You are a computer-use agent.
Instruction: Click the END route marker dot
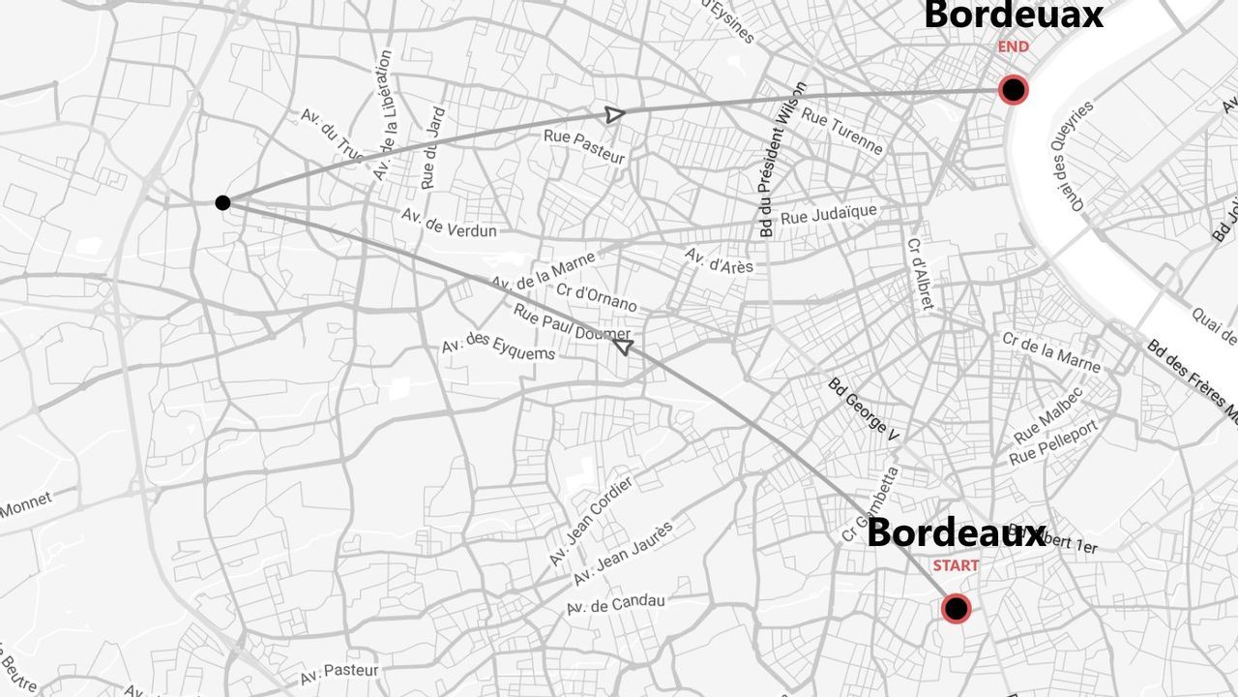pos(1013,90)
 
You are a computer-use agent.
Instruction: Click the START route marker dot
pos(956,609)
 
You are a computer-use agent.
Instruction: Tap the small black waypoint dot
pos(222,202)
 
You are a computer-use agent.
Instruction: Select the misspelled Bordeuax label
pos(1013,15)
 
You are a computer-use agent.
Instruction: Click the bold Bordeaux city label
pos(956,532)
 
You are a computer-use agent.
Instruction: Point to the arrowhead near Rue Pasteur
pos(613,114)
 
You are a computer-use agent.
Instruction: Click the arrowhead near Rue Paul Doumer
pos(624,346)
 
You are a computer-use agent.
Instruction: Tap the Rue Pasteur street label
pos(584,146)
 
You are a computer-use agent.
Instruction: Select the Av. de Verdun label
pos(449,225)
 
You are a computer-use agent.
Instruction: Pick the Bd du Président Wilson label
pos(781,160)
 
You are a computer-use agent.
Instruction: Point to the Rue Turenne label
pos(842,132)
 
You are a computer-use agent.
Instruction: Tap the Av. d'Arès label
pos(719,260)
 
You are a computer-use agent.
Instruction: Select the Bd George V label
pos(864,409)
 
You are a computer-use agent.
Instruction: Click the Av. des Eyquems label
pos(498,347)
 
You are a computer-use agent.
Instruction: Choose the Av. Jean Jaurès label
pos(623,553)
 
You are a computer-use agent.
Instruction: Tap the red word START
pos(956,565)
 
